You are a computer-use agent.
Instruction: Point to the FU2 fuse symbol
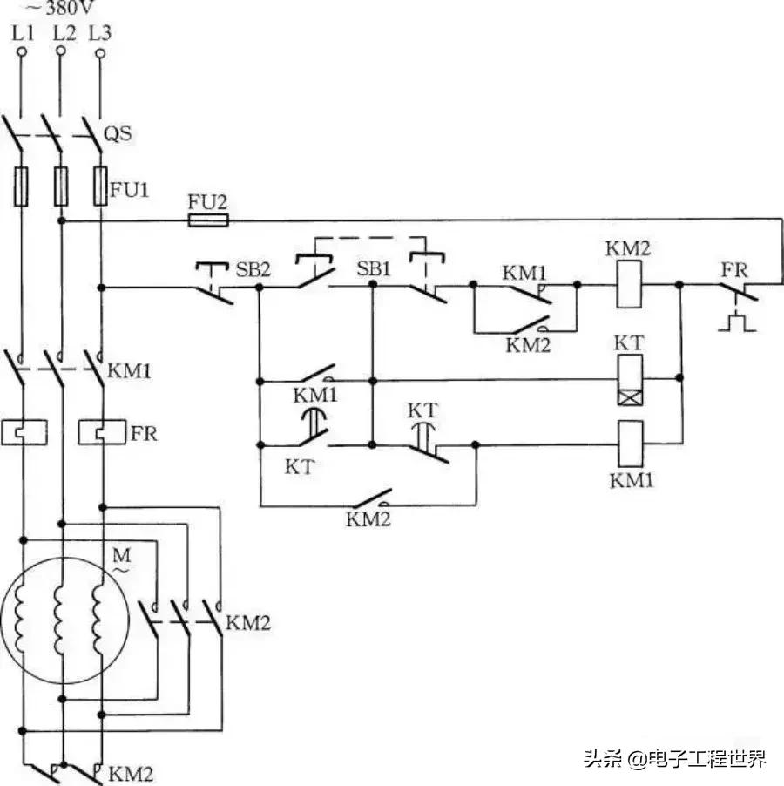pyautogui.click(x=208, y=221)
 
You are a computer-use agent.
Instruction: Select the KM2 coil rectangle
pyautogui.click(x=630, y=284)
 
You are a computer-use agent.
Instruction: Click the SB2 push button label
pyautogui.click(x=253, y=268)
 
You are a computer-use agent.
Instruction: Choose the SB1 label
pyautogui.click(x=374, y=268)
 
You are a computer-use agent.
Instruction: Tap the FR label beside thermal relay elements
pyautogui.click(x=144, y=432)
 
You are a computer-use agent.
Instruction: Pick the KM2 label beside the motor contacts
pyautogui.click(x=248, y=623)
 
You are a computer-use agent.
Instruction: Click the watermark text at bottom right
pyautogui.click(x=675, y=759)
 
